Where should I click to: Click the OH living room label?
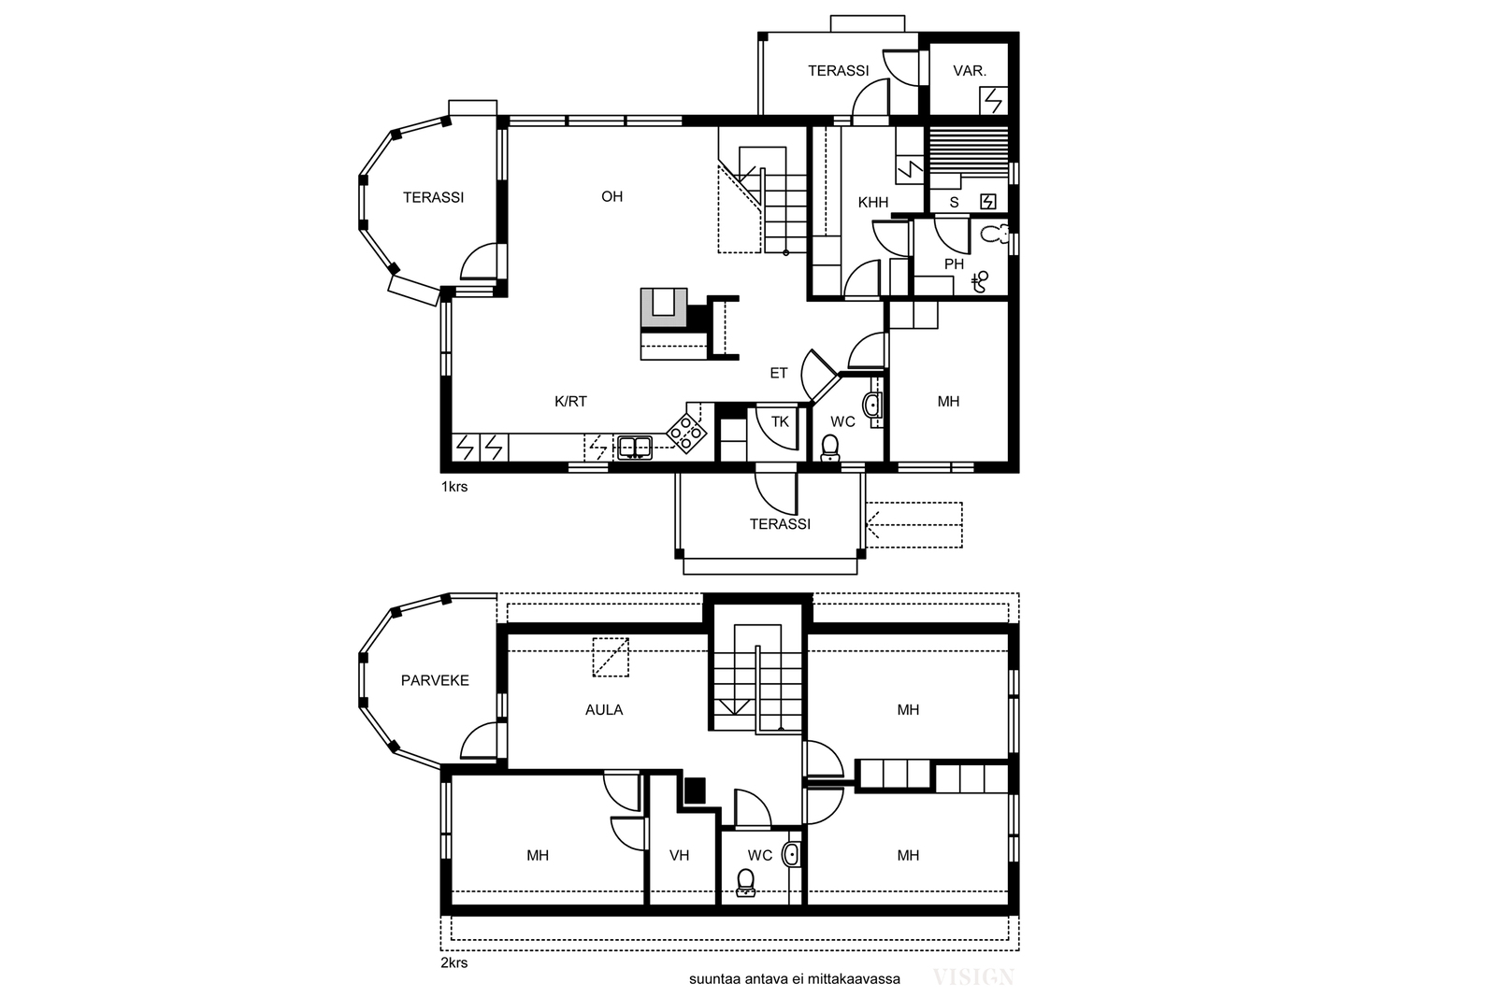pyautogui.click(x=611, y=197)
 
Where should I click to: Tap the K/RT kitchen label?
pyautogui.click(x=570, y=401)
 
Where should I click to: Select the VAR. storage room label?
pyautogui.click(x=969, y=71)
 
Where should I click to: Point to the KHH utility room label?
pyautogui.click(x=873, y=202)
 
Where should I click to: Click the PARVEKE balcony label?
pyautogui.click(x=435, y=680)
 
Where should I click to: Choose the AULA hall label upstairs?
pyautogui.click(x=604, y=710)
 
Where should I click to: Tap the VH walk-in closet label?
pyautogui.click(x=679, y=855)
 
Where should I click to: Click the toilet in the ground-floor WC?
pyautogui.click(x=829, y=448)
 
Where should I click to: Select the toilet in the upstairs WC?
pyautogui.click(x=745, y=882)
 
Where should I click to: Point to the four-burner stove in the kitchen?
pyautogui.click(x=686, y=433)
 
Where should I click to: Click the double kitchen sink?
pyautogui.click(x=634, y=447)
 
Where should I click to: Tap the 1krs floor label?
pyautogui.click(x=454, y=487)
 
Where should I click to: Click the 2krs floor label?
pyautogui.click(x=454, y=963)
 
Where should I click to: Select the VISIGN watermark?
pyautogui.click(x=973, y=977)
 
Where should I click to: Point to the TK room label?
pyautogui.click(x=780, y=421)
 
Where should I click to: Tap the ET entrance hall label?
pyautogui.click(x=779, y=373)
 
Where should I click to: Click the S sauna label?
pyautogui.click(x=954, y=202)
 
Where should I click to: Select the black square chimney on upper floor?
pyautogui.click(x=696, y=790)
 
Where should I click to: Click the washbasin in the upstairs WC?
pyautogui.click(x=791, y=855)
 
